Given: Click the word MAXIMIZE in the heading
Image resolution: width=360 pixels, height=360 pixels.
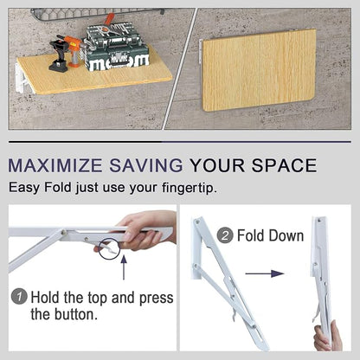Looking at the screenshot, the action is click(55, 165).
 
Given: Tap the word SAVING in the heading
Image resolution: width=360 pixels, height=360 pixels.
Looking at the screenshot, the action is click(146, 165).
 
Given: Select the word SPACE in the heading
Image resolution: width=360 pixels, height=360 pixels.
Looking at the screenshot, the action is click(284, 165).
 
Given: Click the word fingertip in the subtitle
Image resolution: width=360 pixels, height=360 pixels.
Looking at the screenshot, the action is click(189, 188).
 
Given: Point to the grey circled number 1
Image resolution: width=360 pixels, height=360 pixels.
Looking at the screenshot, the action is click(19, 297).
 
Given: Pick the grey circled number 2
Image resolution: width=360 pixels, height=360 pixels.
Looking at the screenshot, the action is click(225, 235).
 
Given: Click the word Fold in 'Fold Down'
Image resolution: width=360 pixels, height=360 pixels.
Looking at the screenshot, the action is click(251, 235).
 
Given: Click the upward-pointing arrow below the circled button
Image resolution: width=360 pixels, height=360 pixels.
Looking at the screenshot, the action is click(124, 267).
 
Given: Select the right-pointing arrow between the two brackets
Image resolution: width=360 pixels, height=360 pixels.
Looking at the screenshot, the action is click(265, 273).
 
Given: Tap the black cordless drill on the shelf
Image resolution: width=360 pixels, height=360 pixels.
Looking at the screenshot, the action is click(60, 55).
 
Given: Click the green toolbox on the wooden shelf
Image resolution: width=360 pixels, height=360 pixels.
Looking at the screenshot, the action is click(115, 48).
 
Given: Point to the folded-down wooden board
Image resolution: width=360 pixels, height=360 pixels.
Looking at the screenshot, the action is click(259, 70).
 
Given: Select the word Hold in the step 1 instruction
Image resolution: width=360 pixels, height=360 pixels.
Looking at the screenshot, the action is click(46, 298).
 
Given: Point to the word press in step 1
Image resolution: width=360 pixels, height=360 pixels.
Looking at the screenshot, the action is click(157, 299).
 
